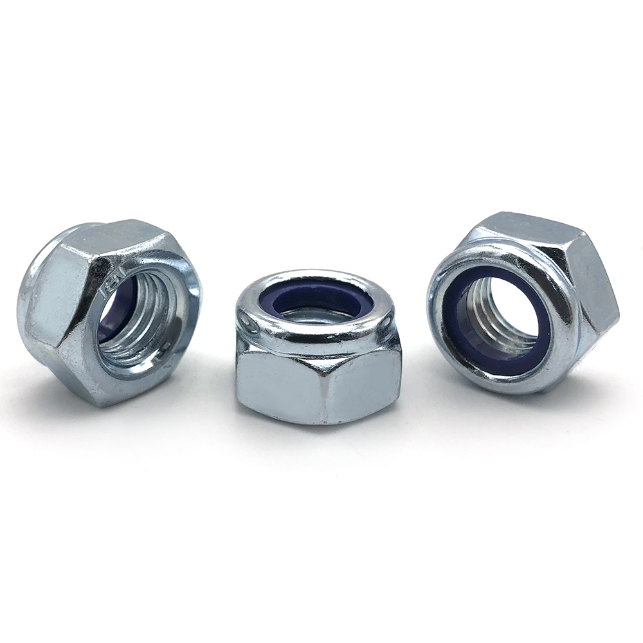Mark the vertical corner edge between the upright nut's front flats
[x=321, y=386]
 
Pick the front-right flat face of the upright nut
[x=363, y=383]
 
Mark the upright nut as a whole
[x=318, y=347]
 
